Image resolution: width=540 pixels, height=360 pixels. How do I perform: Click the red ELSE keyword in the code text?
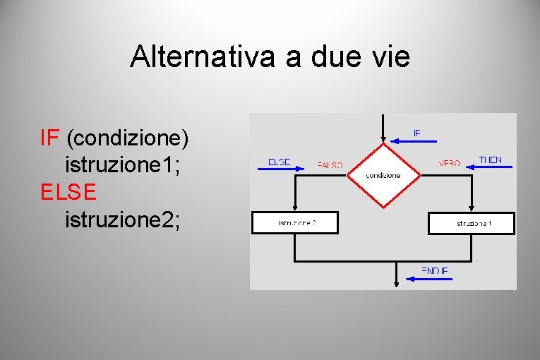[68, 191]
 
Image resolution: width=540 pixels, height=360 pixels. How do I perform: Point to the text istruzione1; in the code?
[125, 164]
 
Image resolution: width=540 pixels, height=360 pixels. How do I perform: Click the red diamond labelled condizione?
[383, 175]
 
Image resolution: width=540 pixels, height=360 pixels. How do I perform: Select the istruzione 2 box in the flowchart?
[295, 222]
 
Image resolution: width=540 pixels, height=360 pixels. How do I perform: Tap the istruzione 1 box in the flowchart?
[472, 223]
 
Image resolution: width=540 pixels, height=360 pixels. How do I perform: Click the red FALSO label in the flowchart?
[330, 165]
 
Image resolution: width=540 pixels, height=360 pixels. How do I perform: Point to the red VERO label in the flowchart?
[449, 163]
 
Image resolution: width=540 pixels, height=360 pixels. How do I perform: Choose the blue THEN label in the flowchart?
[490, 160]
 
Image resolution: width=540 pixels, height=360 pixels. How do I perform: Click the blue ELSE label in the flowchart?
[279, 162]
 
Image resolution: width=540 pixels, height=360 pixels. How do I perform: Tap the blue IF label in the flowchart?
[416, 132]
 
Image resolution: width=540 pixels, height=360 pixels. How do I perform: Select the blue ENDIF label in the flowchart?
[434, 270]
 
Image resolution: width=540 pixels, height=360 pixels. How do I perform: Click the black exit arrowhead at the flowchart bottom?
[396, 282]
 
